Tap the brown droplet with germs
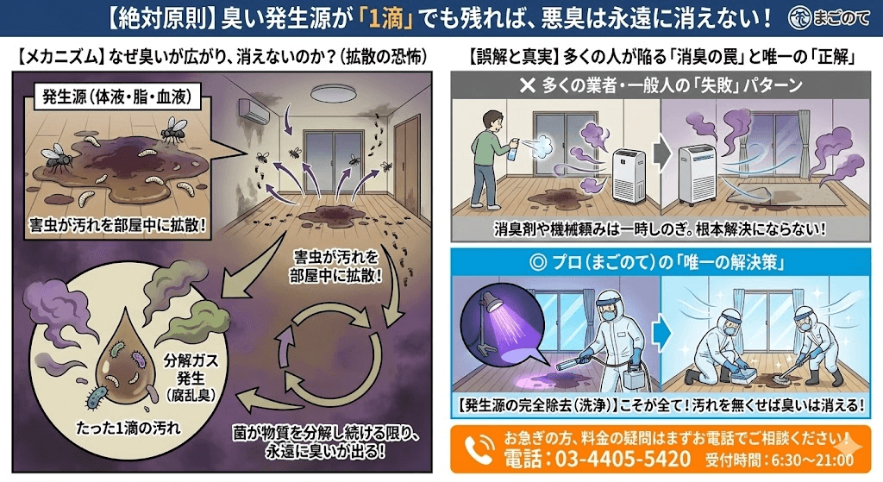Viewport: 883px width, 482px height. click(x=121, y=361)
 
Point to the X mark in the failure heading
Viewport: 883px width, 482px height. click(x=526, y=86)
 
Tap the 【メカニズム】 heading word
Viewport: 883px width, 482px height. click(x=59, y=58)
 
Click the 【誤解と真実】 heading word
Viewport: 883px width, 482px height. click(x=509, y=58)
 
